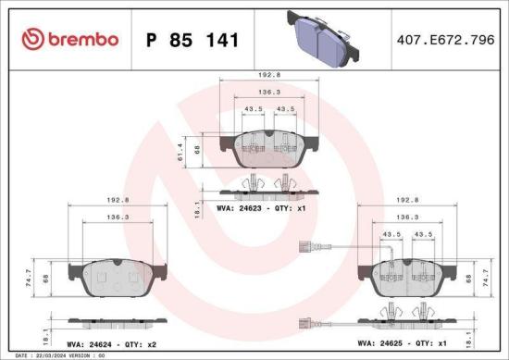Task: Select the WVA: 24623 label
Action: coord(240,209)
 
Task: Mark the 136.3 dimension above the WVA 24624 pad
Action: coord(118,217)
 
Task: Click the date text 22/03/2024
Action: coord(44,354)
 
